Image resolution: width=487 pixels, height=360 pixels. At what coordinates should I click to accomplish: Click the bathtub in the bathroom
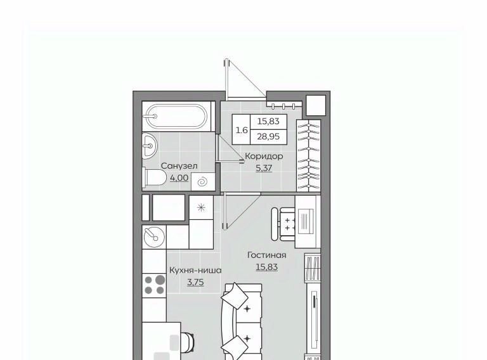[176, 117]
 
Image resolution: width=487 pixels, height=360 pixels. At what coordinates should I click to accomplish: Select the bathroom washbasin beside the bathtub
[150, 145]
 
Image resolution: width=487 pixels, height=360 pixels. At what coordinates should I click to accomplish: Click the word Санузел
[179, 166]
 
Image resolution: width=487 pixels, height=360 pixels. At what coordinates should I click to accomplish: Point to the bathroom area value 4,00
[179, 178]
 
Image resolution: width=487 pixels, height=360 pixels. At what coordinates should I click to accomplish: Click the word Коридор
[264, 156]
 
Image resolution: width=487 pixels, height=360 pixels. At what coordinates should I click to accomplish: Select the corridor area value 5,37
[264, 168]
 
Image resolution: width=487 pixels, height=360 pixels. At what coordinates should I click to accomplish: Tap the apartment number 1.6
[242, 130]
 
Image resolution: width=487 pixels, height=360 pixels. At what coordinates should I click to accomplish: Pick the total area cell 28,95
[268, 136]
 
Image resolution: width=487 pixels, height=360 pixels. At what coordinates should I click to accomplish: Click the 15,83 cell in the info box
[268, 121]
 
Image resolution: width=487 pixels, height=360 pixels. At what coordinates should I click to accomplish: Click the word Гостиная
[266, 255]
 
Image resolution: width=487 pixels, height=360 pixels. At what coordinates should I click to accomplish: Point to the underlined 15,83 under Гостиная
[266, 267]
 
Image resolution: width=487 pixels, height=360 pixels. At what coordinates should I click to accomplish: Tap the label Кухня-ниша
[195, 270]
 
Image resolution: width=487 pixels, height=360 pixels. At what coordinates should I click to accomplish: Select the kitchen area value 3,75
[195, 282]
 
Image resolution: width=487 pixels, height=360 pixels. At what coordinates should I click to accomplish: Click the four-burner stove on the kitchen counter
[154, 285]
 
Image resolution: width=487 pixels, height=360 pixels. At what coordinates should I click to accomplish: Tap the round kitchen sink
[154, 237]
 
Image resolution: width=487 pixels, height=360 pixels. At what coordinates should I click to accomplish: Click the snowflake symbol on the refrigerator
[201, 207]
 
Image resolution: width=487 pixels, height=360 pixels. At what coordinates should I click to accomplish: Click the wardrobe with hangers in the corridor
[308, 155]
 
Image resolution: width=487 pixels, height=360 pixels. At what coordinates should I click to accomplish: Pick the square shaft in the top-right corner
[316, 105]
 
